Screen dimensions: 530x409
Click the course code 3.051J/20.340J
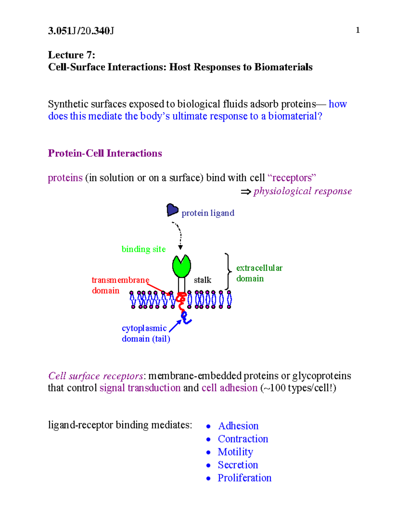81,31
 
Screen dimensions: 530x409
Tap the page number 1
358,30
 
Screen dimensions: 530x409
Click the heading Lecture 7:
72,55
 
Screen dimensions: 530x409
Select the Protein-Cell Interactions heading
105,153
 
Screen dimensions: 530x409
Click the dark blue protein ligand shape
172,210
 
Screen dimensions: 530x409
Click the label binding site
143,249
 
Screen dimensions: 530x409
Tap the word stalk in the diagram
202,280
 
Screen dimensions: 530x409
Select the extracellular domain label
259,273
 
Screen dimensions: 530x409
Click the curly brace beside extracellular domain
228,271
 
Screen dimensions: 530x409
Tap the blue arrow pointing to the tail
175,326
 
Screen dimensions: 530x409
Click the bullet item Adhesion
238,426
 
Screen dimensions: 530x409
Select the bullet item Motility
235,452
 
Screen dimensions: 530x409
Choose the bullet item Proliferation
244,478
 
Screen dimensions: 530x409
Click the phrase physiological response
302,191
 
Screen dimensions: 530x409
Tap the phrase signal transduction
140,388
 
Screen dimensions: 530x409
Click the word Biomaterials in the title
283,67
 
